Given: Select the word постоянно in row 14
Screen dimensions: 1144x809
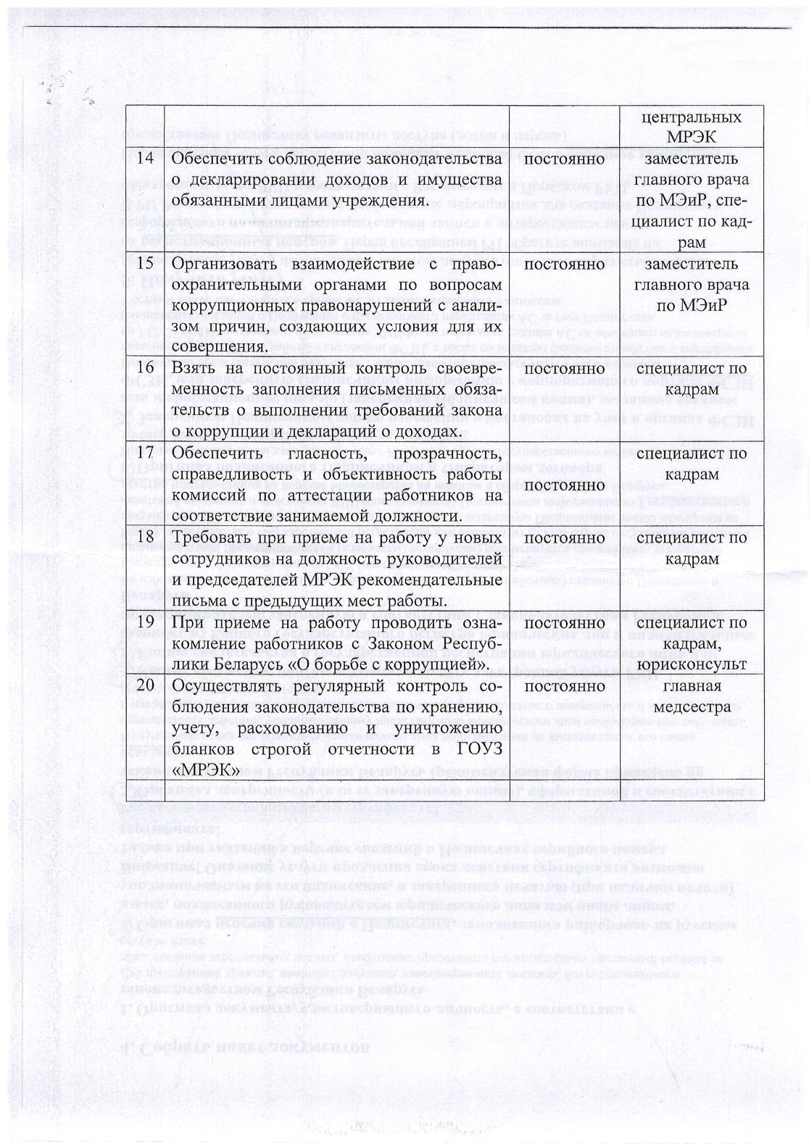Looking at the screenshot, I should click(563, 158).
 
